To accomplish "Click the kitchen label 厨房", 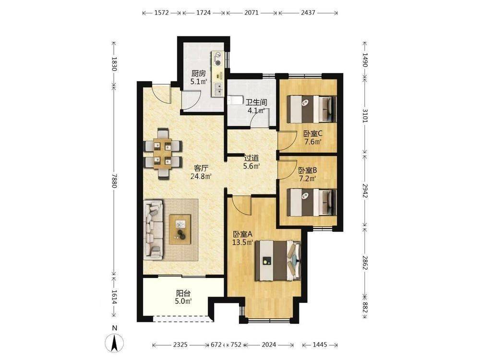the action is [199, 73].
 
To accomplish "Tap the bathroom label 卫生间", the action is [256, 102].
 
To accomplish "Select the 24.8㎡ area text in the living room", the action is [201, 176].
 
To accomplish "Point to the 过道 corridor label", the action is [252, 158].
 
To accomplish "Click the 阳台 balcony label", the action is [183, 293].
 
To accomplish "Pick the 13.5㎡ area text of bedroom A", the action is [242, 242].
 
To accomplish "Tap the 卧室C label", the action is [313, 134].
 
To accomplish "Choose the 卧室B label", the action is [307, 170].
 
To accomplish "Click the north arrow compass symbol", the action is [115, 343].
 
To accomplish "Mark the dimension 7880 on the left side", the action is [114, 181].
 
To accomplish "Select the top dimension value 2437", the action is [308, 13].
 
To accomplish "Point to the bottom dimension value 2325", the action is [180, 345].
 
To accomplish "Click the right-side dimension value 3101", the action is [365, 116].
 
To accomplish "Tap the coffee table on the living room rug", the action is [180, 229].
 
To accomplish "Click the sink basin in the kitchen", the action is [218, 89].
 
